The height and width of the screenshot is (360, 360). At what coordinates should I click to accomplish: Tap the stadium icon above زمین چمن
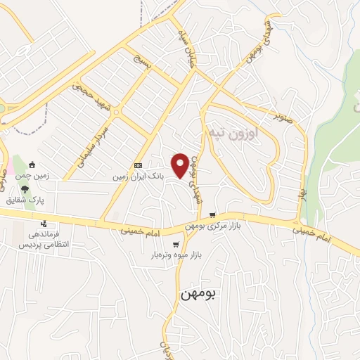tap(32, 165)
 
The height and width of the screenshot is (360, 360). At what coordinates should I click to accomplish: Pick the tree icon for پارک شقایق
tap(25, 189)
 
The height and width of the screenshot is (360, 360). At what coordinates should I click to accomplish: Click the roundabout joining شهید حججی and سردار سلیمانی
tap(116, 110)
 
